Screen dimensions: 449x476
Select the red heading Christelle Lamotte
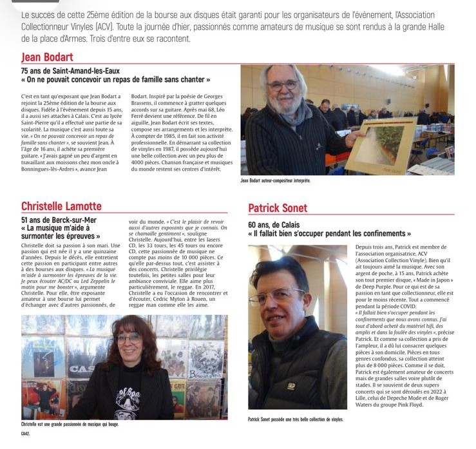[x=61, y=205]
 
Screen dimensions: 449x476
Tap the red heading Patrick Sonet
[x=278, y=208]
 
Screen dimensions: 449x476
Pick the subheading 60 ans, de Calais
[x=280, y=223]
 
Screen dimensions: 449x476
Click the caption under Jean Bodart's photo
[x=275, y=181]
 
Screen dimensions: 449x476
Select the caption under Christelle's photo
[x=70, y=424]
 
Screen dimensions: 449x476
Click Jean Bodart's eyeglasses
[x=284, y=85]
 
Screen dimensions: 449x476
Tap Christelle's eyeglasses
[x=129, y=338]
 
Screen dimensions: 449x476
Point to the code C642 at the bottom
[x=26, y=434]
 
